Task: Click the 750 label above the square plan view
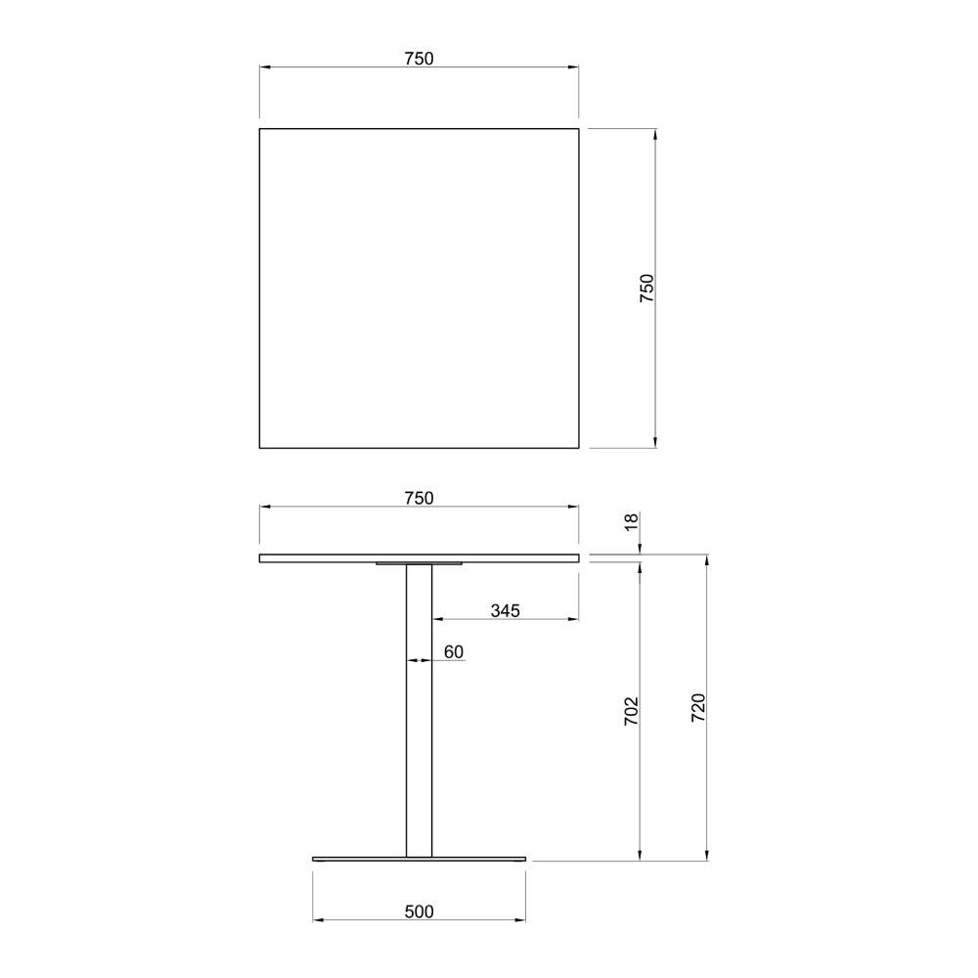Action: point(419,59)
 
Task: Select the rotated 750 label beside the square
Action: point(646,289)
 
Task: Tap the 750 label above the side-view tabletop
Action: point(419,498)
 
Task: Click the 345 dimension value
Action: point(505,611)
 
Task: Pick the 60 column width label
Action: point(453,651)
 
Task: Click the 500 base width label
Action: point(419,911)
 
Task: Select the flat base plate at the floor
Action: point(419,859)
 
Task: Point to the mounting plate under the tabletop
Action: point(419,563)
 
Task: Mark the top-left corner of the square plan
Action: point(259,128)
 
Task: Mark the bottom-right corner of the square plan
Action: point(579,448)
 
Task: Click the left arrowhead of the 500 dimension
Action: point(317,920)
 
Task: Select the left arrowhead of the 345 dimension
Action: point(436,619)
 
